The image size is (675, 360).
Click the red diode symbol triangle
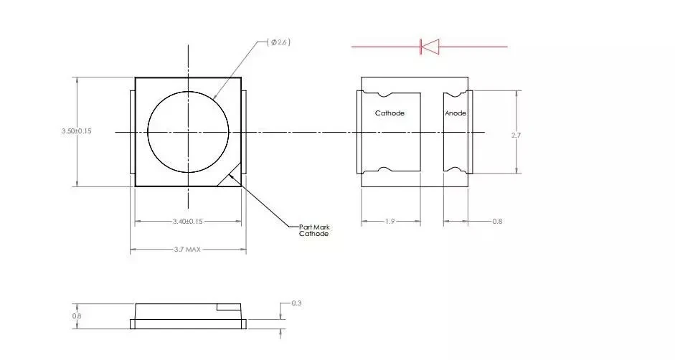point(430,47)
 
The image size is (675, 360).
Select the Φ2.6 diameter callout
point(279,43)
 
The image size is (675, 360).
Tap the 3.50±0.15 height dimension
point(77,131)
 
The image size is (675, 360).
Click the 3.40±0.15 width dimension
point(188,222)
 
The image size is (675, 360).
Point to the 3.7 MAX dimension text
point(188,250)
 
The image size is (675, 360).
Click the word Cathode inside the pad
point(390,113)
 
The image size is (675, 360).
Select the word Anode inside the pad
point(455,113)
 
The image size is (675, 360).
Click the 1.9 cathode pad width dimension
point(390,222)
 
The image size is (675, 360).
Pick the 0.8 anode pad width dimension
point(497,222)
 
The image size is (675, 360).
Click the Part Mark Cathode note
point(314,231)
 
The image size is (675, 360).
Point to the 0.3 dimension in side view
point(296,304)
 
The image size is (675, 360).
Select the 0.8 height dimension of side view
point(77,316)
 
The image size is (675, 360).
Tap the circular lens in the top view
point(188,132)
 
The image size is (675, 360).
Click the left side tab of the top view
point(132,131)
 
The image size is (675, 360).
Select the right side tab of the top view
point(244,131)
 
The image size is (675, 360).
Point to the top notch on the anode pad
point(453,95)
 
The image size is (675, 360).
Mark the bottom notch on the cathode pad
point(384,170)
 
